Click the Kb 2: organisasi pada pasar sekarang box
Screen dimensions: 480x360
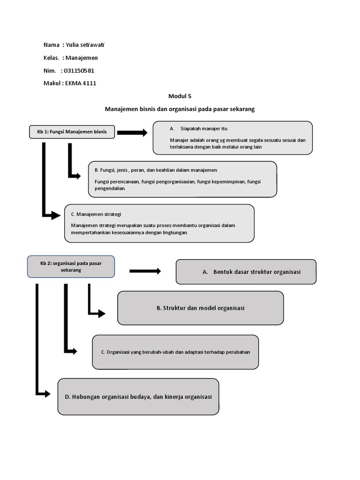pyautogui.click(x=71, y=267)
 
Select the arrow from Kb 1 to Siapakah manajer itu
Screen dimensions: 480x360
pyautogui.click(x=132, y=133)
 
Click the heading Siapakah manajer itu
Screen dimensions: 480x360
pyautogui.click(x=204, y=128)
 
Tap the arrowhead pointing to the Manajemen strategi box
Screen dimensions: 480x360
pyautogui.click(x=56, y=215)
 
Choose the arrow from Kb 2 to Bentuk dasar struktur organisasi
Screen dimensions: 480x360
pyautogui.click(x=145, y=271)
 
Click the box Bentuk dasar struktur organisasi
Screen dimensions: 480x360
pyautogui.click(x=246, y=272)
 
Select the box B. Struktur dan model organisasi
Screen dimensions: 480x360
pyautogui.click(x=200, y=308)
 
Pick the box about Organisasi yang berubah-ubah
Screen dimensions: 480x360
pyautogui.click(x=175, y=352)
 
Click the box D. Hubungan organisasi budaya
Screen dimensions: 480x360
pyautogui.click(x=138, y=397)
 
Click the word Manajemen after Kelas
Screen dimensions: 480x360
pyautogui.click(x=82, y=58)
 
